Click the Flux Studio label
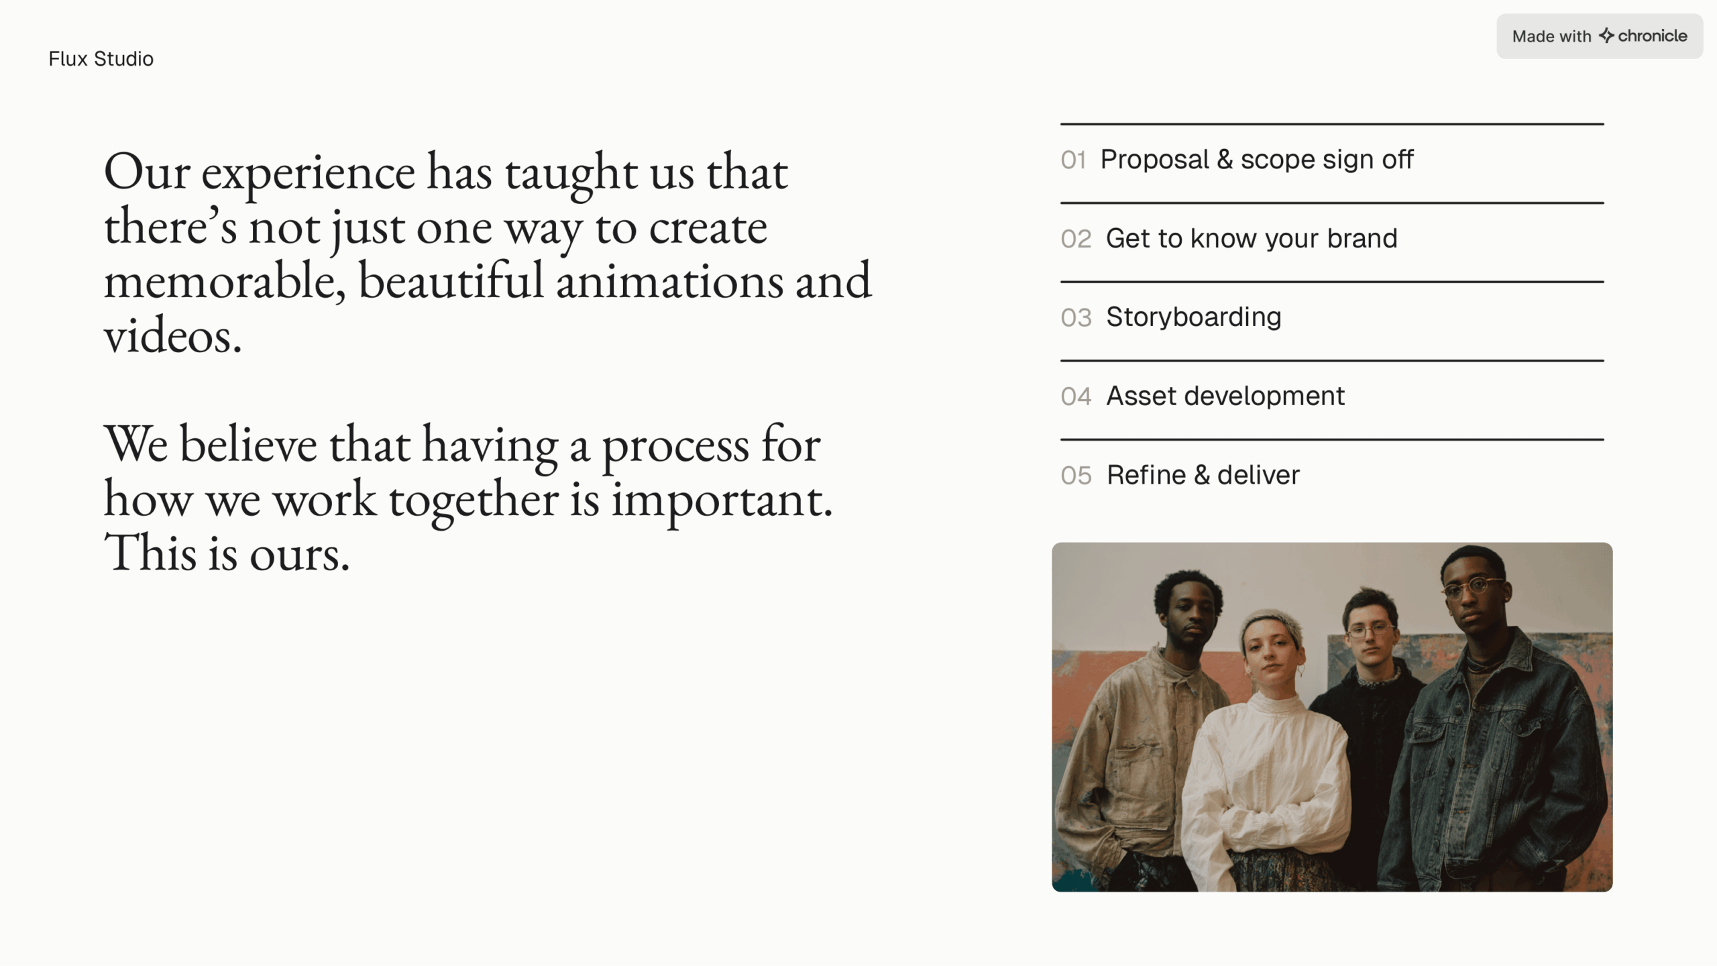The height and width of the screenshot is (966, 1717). [x=101, y=59]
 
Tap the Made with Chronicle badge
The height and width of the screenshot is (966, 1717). [x=1599, y=36]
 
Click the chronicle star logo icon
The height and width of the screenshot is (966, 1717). [x=1606, y=35]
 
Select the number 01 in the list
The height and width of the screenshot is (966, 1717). [x=1073, y=160]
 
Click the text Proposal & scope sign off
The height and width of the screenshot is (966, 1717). [x=1257, y=160]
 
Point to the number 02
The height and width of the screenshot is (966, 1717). [x=1076, y=239]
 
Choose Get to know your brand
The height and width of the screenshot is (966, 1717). [x=1252, y=239]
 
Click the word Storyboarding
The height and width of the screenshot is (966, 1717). [x=1194, y=317]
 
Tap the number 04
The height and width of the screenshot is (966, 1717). [x=1076, y=397]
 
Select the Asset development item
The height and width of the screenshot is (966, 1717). [x=1225, y=396]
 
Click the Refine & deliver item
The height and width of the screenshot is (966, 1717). [x=1203, y=476]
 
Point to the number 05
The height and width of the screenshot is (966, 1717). [x=1076, y=476]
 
